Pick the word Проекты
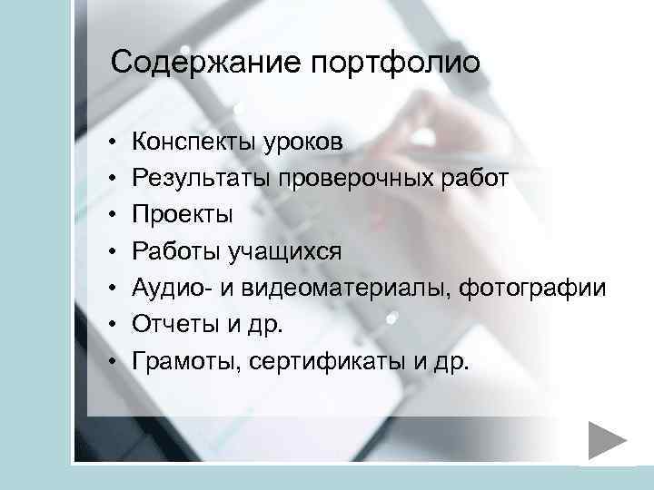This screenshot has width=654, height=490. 182,215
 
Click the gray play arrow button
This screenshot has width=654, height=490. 606,442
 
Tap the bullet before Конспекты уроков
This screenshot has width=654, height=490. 109,142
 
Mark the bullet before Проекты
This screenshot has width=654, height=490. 109,216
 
